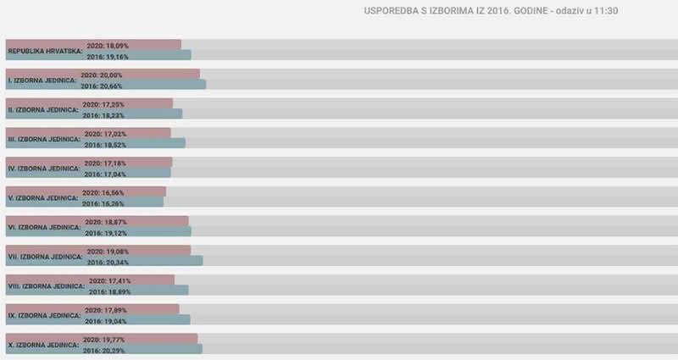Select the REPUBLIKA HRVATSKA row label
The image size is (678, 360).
click(x=45, y=51)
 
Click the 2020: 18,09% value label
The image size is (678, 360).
click(x=105, y=44)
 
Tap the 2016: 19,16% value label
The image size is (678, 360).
click(x=106, y=56)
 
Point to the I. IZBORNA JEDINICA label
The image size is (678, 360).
click(x=42, y=80)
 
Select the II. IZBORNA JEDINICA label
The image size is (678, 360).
click(x=43, y=110)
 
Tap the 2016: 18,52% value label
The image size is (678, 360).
click(x=105, y=145)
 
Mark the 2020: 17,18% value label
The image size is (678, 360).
click(x=105, y=162)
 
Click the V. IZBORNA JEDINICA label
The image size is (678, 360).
click(x=43, y=198)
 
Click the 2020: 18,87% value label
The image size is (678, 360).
click(x=105, y=221)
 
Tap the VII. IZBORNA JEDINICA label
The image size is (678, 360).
click(x=45, y=257)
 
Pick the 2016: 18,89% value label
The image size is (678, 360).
click(x=106, y=291)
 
